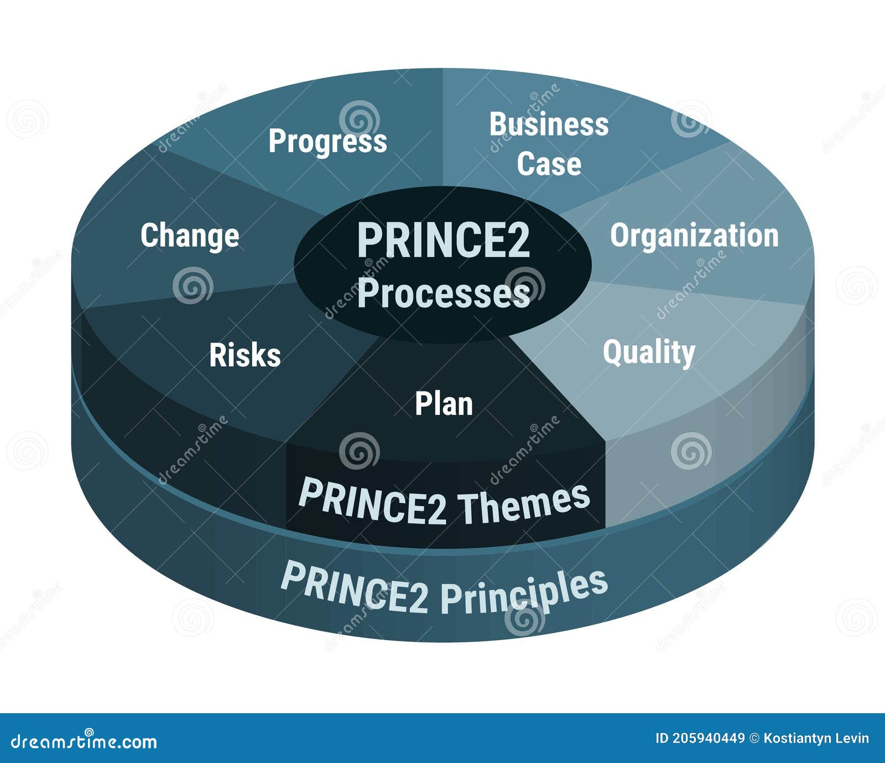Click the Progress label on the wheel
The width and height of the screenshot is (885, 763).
[x=327, y=141]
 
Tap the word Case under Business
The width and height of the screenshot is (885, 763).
[x=549, y=164]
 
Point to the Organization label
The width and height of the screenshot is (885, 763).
[x=694, y=236]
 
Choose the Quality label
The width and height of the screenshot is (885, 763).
[x=649, y=352]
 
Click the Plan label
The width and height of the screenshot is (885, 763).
[x=444, y=404]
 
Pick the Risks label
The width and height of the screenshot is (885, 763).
[x=245, y=355]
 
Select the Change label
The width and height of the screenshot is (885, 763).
[x=190, y=236]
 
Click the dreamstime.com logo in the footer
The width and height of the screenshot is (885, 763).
[x=84, y=741]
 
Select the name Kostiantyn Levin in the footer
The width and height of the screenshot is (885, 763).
[x=816, y=738]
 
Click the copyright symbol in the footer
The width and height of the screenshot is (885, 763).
[x=754, y=738]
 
